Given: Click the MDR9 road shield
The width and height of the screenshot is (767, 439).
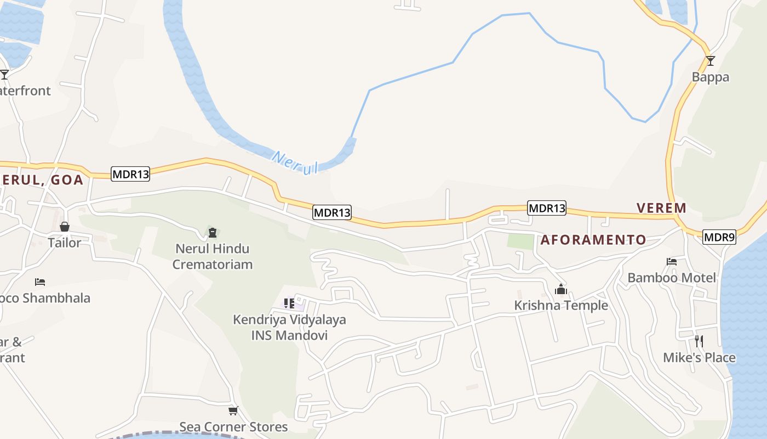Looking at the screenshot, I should (719, 237).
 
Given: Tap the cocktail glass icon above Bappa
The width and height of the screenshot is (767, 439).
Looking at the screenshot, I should (711, 60).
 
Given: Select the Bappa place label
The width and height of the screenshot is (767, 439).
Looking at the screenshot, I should (711, 77).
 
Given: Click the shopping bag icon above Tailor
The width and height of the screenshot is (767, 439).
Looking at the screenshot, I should (65, 227).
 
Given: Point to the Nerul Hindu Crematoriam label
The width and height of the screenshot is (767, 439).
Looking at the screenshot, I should (213, 256).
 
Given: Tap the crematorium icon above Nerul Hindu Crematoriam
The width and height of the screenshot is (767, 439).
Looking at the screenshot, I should (213, 233).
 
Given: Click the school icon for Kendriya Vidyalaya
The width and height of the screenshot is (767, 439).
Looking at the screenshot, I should (289, 303).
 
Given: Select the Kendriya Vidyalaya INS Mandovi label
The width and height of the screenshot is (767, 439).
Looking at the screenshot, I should (289, 327).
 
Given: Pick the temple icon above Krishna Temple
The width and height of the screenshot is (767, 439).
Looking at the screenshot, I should (561, 289).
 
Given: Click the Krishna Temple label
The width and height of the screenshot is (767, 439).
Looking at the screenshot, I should (561, 306).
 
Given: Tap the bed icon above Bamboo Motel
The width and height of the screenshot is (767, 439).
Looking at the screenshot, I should (672, 262).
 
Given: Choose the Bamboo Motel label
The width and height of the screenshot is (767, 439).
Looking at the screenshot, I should (672, 278).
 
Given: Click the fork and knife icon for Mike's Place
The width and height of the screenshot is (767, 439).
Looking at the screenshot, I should (699, 341).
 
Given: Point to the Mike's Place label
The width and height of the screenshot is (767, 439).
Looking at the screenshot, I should (699, 358).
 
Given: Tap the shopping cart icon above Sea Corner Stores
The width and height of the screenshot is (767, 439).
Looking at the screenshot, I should (233, 410).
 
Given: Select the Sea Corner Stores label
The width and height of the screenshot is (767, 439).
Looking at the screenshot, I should (233, 427).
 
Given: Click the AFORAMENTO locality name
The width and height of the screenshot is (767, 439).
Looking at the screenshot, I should (593, 240).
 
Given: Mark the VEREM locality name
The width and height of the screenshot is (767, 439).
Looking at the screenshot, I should (661, 208).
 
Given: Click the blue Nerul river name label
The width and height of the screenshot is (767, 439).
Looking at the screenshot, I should (295, 163).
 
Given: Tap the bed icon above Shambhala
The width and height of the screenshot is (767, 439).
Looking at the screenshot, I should (40, 282).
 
